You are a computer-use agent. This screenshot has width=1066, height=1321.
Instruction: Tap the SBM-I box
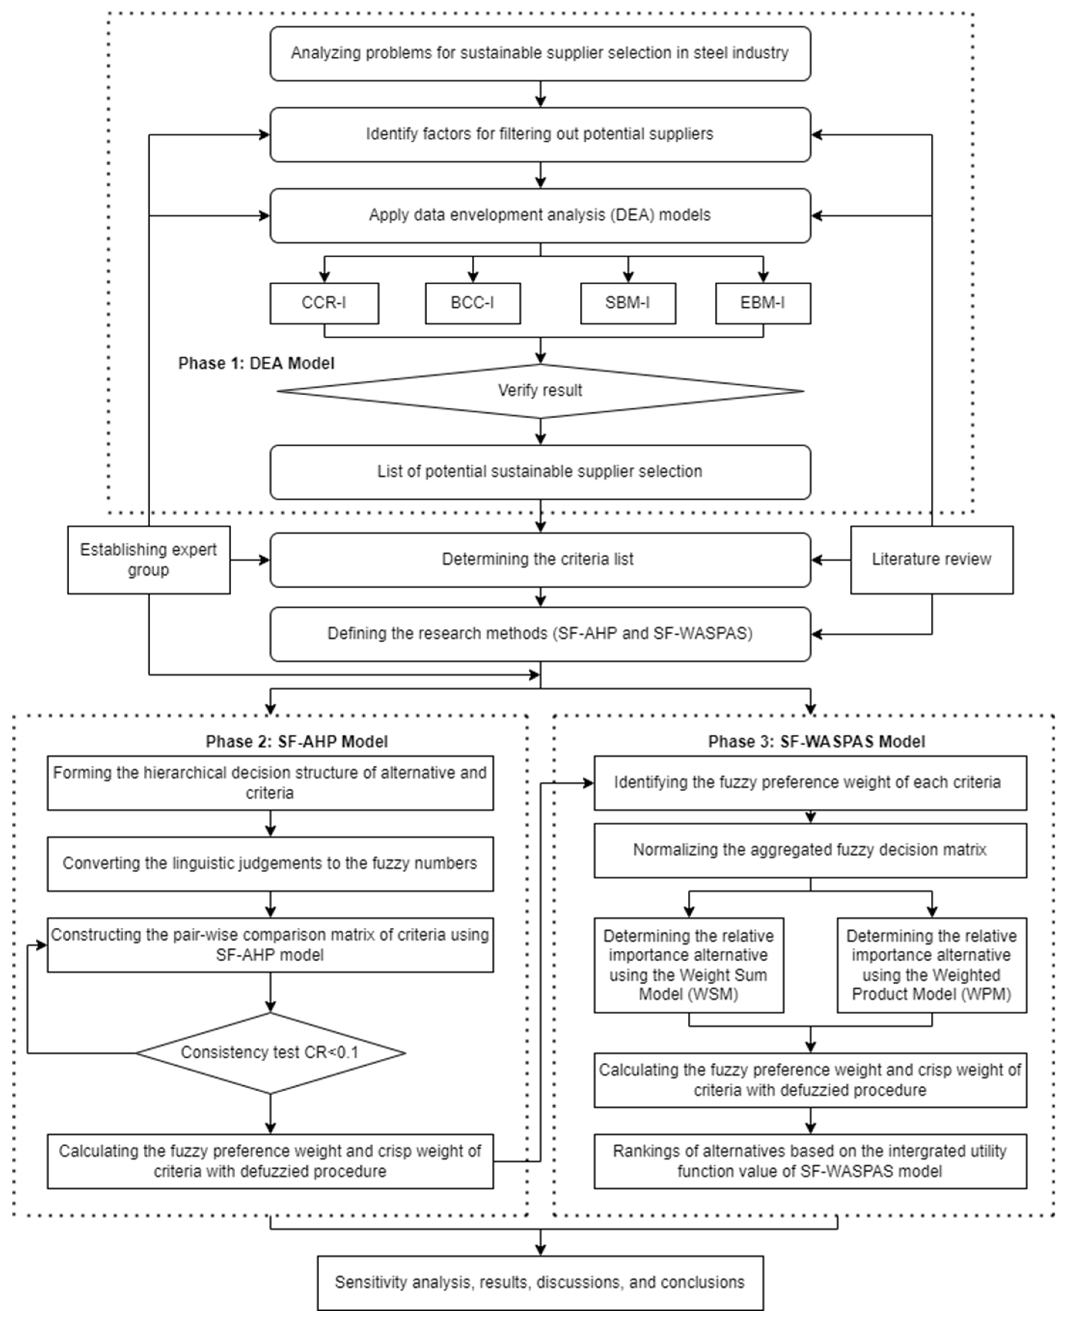coord(628,303)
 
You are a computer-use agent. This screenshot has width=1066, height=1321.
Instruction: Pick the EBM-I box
coord(763,303)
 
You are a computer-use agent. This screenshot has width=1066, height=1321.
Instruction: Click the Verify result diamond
coord(540,391)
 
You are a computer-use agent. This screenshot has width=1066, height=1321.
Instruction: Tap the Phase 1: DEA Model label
coord(256,364)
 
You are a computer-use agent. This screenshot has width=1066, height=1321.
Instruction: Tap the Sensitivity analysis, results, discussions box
coord(540,1282)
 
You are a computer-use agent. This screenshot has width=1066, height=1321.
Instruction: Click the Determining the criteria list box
coord(540,559)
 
